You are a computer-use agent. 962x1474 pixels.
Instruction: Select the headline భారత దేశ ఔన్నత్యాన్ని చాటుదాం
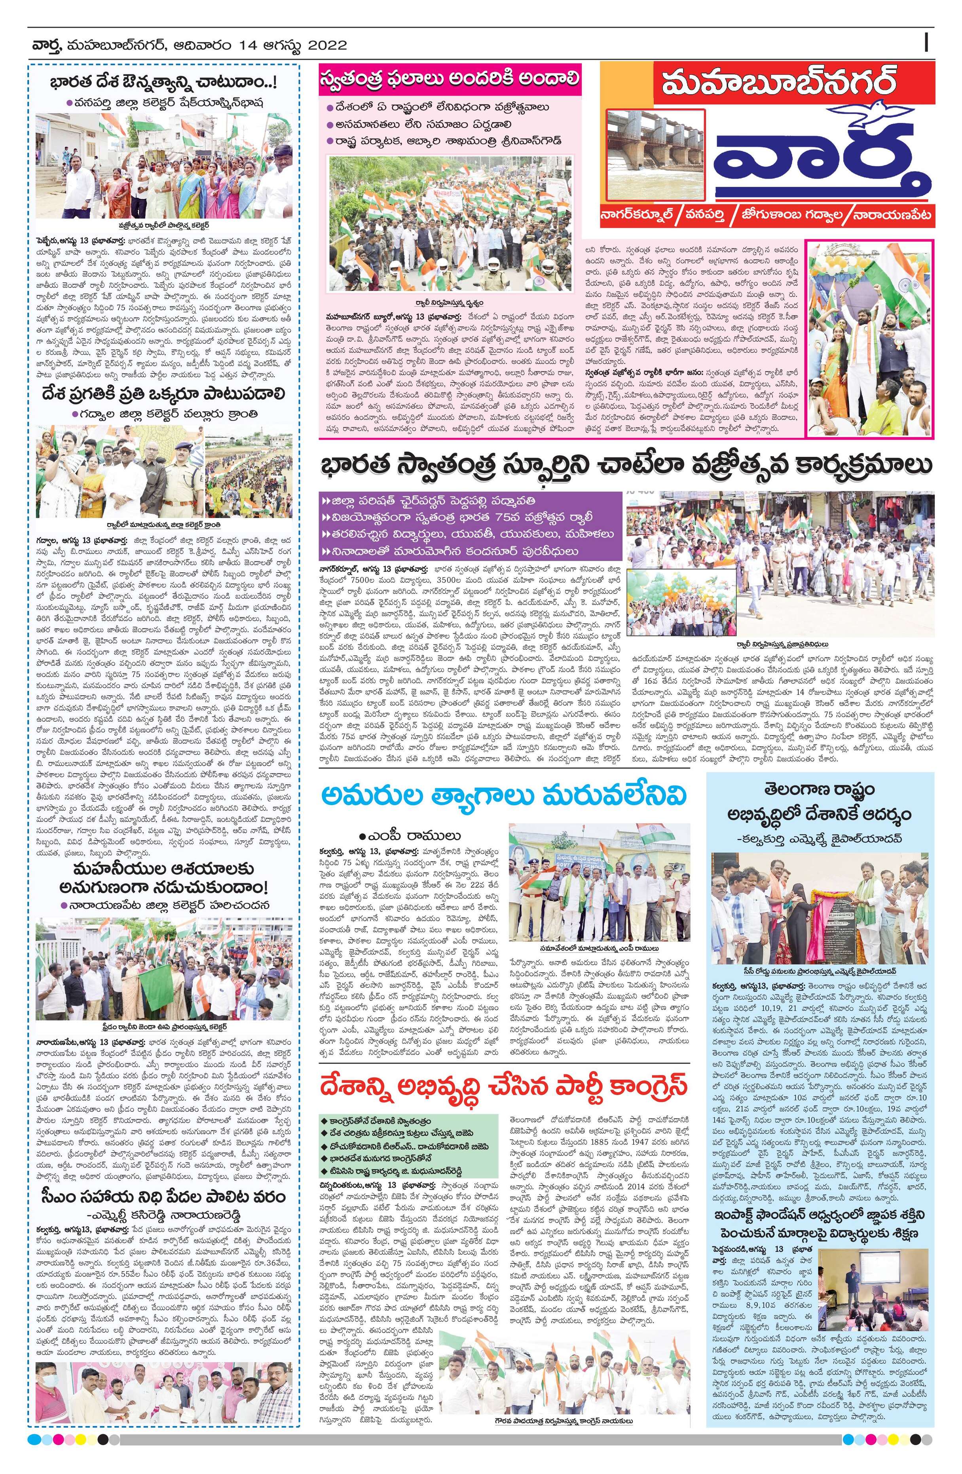coord(163,82)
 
